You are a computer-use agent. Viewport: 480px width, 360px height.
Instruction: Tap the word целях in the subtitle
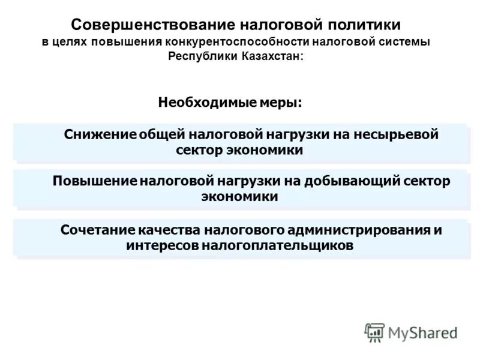pyautogui.click(x=71, y=43)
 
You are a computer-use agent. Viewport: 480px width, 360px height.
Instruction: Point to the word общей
pyautogui.click(x=163, y=135)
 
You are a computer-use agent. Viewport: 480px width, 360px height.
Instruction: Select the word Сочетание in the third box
pyautogui.click(x=97, y=230)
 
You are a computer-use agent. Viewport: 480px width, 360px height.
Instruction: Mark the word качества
pyautogui.click(x=170, y=230)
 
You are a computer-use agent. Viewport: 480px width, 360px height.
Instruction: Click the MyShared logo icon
pyautogui.click(x=374, y=332)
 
